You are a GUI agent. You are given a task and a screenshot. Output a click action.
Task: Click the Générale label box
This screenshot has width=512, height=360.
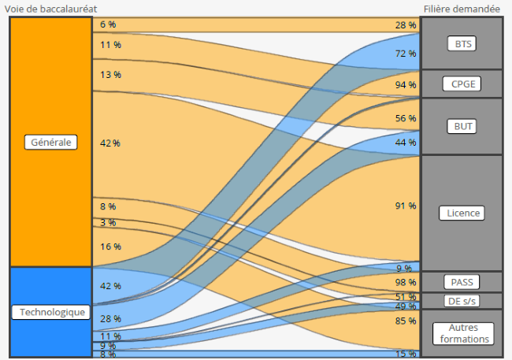pos(50,143)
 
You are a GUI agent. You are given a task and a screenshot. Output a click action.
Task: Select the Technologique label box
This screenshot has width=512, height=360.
pos(52,313)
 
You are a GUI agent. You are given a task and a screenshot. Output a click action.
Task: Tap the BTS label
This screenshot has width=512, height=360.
pos(461,44)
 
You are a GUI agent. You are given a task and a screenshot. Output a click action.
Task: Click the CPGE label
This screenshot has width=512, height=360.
pos(461,84)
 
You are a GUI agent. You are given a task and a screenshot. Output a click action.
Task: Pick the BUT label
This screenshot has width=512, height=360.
pos(461,126)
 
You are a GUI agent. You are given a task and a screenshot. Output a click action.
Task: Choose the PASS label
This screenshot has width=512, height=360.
pos(461,281)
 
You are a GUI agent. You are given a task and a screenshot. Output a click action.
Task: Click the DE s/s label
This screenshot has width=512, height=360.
pos(461,301)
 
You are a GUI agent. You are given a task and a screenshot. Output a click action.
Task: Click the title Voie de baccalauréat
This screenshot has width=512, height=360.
pos(52,7)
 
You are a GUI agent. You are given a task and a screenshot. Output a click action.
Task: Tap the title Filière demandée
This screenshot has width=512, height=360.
pos(461,7)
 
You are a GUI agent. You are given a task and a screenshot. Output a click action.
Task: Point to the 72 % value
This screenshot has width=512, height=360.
pos(405,54)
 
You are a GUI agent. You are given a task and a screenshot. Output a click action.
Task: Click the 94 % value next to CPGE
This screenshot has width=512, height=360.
pos(405,84)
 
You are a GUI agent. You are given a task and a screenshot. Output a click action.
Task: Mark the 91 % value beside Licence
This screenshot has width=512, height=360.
pos(405,206)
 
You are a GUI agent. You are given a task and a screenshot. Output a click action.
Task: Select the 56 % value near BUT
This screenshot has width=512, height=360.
pos(405,118)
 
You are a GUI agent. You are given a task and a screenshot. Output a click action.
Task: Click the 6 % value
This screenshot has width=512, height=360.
pos(108,24)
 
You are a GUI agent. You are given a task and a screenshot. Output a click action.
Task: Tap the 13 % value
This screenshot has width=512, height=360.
pos(110,75)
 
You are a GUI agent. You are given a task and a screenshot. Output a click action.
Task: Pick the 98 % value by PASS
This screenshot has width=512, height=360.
pos(405,282)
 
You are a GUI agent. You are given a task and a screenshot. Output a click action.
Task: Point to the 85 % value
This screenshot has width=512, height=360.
pos(405,321)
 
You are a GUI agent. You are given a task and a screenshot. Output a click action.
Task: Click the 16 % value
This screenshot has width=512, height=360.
pos(110,247)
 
